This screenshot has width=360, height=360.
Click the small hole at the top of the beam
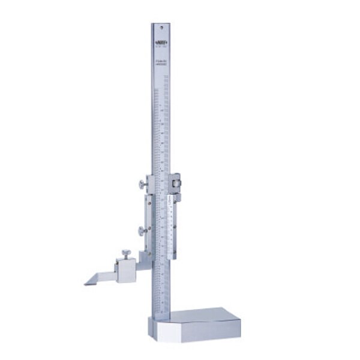160,27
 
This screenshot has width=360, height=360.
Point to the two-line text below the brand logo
160,61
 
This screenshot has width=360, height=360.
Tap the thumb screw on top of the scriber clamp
127,253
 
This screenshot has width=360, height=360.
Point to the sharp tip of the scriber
86,284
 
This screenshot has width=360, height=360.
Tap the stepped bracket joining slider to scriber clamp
144,258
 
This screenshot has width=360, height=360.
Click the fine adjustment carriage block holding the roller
175,183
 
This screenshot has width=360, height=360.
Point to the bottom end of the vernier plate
172,255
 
